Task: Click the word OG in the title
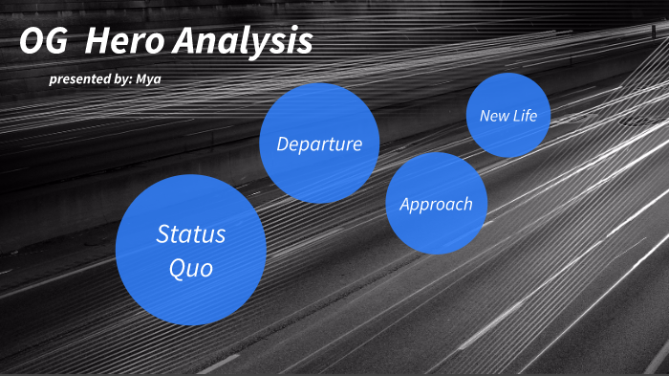coord(43,41)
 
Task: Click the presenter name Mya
coord(149,79)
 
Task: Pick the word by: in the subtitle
coord(124,79)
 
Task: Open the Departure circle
coord(319,144)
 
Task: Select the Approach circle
coord(436,204)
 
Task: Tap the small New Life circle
coord(507,116)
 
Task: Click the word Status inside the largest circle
coord(191,233)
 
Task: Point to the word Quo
coord(190,269)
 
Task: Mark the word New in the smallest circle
coord(494,116)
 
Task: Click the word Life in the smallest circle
coord(525,116)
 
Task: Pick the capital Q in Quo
coord(177,269)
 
